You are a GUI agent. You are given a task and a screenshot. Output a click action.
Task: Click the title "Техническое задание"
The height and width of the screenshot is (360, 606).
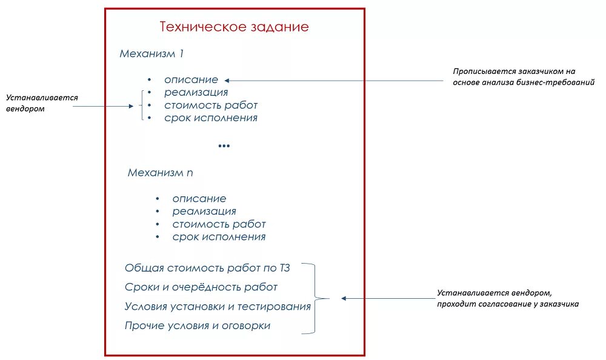[x=234, y=27]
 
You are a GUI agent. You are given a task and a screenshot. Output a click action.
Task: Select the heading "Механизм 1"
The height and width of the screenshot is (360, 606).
[x=151, y=53]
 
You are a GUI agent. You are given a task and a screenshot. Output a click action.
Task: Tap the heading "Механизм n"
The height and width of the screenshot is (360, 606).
[x=161, y=173]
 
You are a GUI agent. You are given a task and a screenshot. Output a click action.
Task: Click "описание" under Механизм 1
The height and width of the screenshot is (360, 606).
[x=191, y=79]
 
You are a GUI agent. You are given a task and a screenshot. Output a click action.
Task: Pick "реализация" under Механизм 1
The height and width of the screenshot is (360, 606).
[x=196, y=92]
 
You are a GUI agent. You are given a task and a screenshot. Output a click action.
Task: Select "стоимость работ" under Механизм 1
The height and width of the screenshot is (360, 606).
[x=210, y=105]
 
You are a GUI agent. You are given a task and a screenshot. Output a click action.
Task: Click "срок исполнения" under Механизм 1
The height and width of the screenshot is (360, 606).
[x=210, y=118]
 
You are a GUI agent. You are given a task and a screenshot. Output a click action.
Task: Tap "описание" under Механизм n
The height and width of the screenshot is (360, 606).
[x=199, y=198]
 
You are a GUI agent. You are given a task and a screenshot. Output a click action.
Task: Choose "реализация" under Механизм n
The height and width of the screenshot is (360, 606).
[x=204, y=212]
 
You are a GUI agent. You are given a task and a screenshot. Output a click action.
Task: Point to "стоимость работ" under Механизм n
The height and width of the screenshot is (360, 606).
[x=218, y=224]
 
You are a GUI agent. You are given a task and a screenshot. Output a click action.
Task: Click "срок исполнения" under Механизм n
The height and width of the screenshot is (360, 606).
[x=218, y=237]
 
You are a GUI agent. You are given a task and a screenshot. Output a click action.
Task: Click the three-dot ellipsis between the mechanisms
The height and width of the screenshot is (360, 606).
[x=224, y=145]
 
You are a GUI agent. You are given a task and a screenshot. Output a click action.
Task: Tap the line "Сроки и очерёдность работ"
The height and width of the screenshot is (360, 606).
[x=201, y=287]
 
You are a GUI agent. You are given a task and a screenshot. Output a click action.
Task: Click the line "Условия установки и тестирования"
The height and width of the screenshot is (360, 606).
[x=218, y=306]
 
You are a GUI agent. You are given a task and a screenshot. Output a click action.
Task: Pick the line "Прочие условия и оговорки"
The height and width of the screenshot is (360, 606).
[x=198, y=325]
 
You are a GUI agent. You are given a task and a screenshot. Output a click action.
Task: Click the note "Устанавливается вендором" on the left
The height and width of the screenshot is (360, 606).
[x=42, y=103]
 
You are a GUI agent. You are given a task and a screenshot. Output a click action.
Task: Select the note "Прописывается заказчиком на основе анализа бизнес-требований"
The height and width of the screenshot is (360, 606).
[x=523, y=76]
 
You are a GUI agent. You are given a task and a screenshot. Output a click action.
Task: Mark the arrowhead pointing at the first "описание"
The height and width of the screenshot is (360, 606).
[x=226, y=80]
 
